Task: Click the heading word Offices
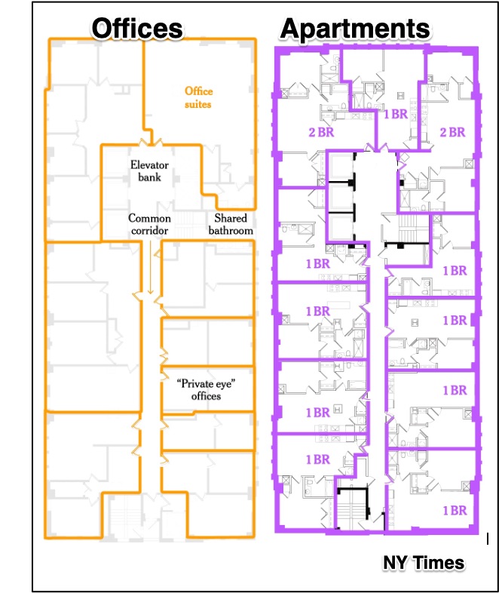pos(137,29)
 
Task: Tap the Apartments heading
pos(355,29)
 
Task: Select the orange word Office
pos(199,91)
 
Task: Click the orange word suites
pos(198,104)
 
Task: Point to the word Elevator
pos(149,165)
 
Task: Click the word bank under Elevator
pos(149,177)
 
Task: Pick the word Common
pos(149,218)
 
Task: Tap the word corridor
pos(149,230)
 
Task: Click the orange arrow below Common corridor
pos(150,267)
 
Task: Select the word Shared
pos(231,218)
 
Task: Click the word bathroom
pos(231,230)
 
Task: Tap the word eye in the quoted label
pos(225,384)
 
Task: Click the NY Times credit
pos(424,563)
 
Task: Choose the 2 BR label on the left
pos(321,132)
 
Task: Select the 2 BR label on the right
pos(452,132)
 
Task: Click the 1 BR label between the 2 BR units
pos(396,114)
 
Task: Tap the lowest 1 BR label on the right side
pos(455,511)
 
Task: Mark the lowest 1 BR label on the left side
pos(318,459)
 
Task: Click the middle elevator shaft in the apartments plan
pos(341,198)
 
